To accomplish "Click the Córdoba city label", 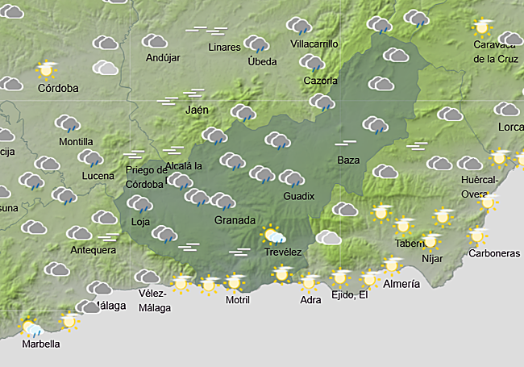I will tap(58, 88).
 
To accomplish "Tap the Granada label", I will tap(235, 220).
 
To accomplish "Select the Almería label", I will tap(401, 285).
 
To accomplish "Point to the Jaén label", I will tap(197, 110).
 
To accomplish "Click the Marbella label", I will tap(40, 344).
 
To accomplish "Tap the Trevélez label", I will tap(283, 252).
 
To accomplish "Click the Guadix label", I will tap(298, 196).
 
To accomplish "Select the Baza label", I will tap(348, 160).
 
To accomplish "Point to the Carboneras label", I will tap(494, 253).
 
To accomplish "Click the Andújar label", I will tap(164, 58).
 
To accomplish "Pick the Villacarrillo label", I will tap(314, 44).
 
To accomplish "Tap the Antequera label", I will tap(93, 250).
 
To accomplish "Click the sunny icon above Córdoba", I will tap(46, 69).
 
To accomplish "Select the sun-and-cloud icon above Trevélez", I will tap(274, 236).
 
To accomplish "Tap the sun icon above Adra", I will tap(310, 282).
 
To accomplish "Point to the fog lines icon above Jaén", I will tap(194, 94).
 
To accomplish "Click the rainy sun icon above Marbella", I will tap(32, 327).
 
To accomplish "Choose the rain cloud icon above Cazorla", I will tap(311, 63).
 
